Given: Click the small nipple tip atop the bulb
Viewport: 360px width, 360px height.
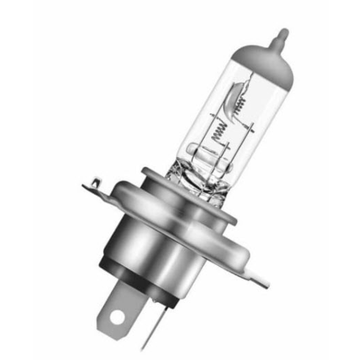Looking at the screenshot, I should tap(282, 35).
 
